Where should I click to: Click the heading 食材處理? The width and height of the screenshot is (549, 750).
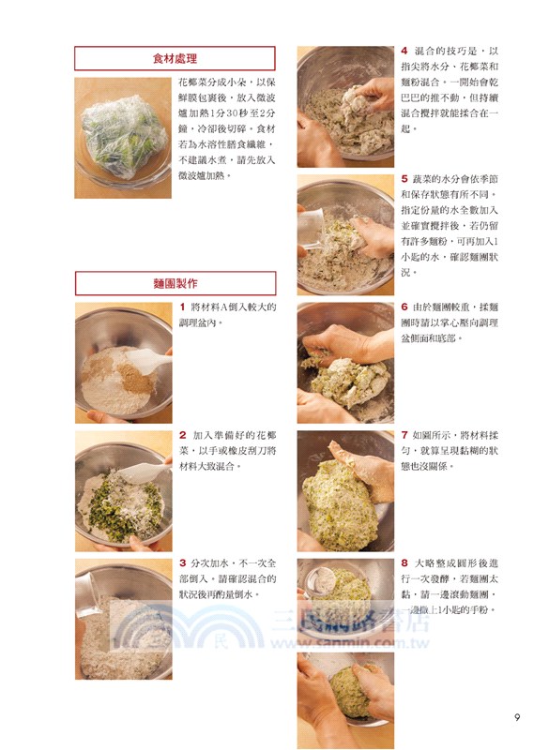(x=175, y=59)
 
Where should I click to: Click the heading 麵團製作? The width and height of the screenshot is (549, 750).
(x=175, y=283)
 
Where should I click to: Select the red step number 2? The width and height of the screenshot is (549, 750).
(x=182, y=435)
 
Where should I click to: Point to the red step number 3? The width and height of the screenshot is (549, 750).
(x=182, y=562)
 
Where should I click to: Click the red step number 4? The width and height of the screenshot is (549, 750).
(x=404, y=51)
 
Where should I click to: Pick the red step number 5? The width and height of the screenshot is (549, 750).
(x=404, y=177)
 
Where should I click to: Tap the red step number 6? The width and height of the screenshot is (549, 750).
(x=404, y=307)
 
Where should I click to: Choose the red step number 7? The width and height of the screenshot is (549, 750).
(x=404, y=435)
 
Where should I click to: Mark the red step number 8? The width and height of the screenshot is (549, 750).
(x=404, y=563)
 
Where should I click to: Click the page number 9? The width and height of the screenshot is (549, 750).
(x=517, y=718)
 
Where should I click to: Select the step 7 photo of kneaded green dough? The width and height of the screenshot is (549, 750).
(x=345, y=489)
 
